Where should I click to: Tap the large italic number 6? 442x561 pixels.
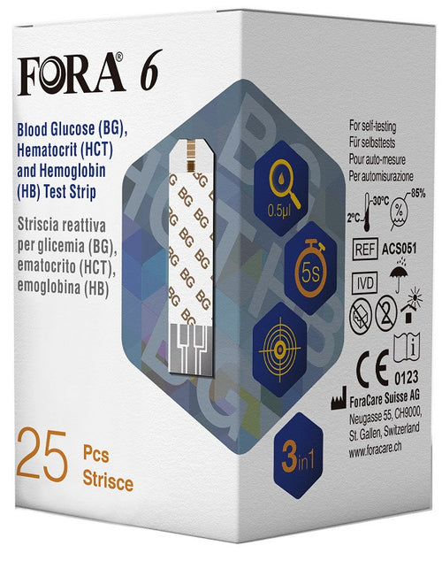point(148,75)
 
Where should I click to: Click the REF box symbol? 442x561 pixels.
point(365,249)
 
